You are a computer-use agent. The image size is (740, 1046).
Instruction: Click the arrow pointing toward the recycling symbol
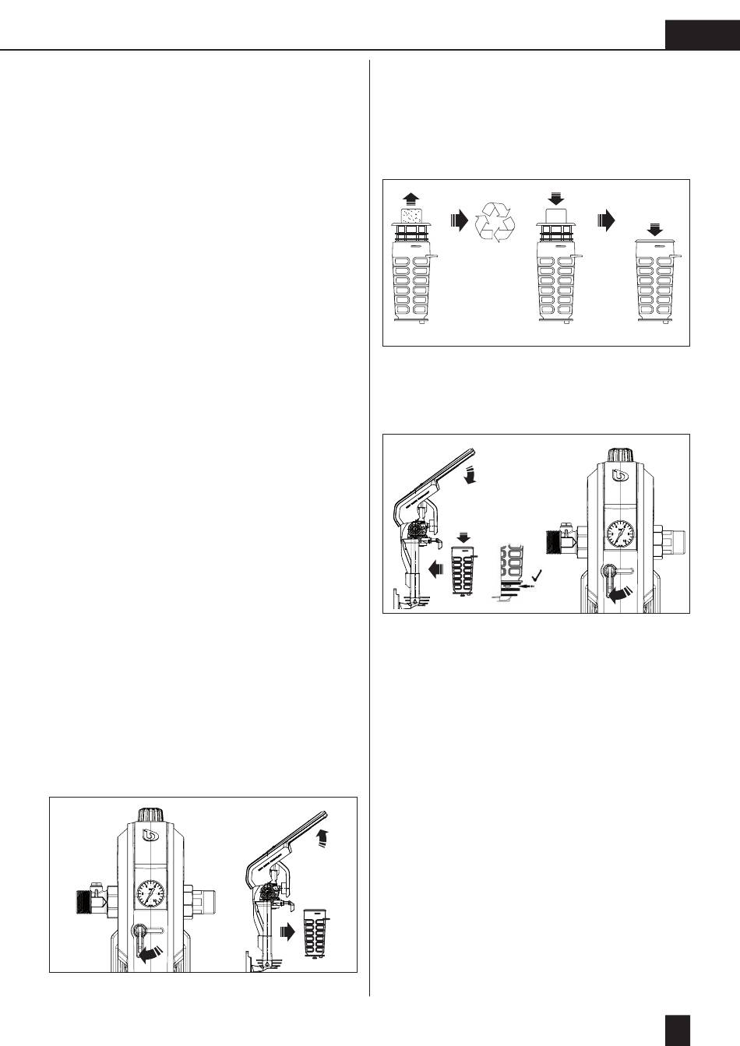point(459,221)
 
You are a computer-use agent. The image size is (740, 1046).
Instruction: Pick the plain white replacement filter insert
point(555,217)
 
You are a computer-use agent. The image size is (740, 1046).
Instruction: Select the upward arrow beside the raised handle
point(323,837)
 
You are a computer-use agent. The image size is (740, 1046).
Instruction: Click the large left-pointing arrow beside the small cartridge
point(435,569)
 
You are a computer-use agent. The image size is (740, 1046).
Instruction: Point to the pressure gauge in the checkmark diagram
point(619,534)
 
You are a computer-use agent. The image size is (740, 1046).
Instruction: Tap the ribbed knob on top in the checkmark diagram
point(620,456)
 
